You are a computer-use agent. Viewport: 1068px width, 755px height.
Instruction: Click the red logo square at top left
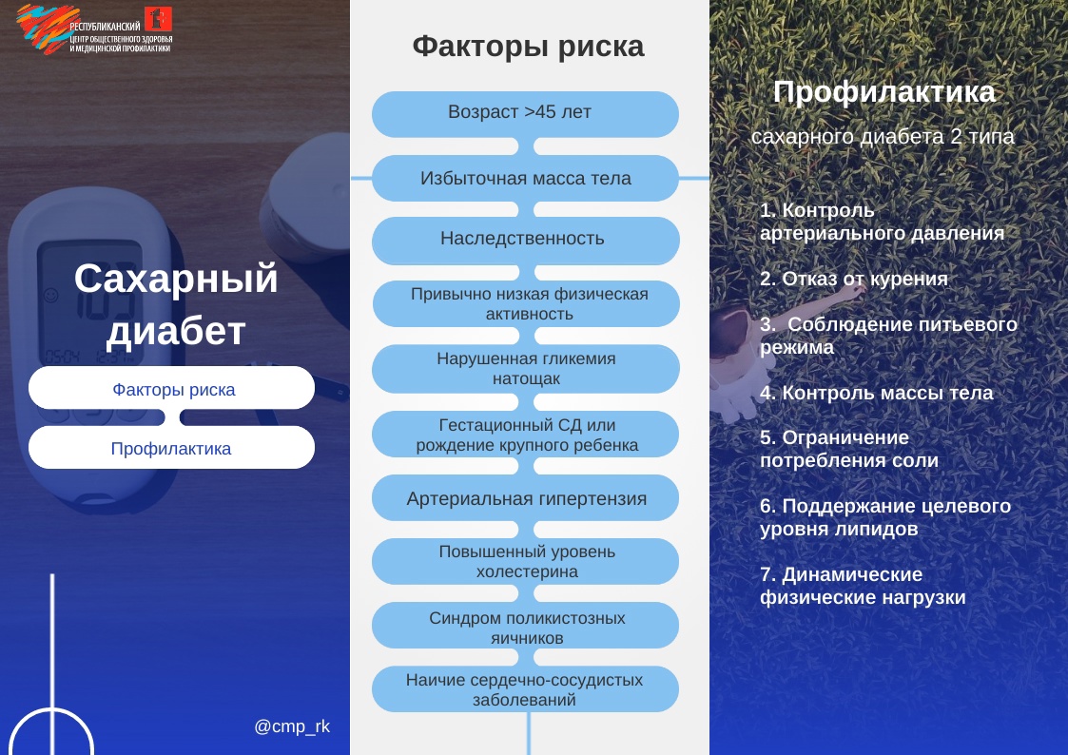(x=158, y=18)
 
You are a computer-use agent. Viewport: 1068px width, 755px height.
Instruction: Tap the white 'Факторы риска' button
(x=171, y=388)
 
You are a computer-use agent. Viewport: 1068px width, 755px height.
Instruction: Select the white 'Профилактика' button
(x=171, y=447)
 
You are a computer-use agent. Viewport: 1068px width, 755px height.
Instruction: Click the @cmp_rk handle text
(x=292, y=726)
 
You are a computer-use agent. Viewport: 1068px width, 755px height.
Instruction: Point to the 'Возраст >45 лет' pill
(x=525, y=114)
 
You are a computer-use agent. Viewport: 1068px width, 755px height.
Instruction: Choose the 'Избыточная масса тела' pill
(x=525, y=178)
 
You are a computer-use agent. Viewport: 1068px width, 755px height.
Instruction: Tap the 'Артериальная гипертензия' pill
(x=525, y=497)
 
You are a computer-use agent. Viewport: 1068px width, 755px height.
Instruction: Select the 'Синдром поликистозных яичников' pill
(x=525, y=626)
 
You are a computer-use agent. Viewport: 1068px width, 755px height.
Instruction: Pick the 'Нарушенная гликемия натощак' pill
(x=525, y=368)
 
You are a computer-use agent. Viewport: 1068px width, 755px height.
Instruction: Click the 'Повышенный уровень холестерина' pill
(x=525, y=562)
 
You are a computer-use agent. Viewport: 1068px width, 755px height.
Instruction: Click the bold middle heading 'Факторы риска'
(x=528, y=47)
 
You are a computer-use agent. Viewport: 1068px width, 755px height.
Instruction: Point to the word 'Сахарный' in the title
(x=176, y=280)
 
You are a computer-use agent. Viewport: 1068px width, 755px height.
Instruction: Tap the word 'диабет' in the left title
(x=176, y=331)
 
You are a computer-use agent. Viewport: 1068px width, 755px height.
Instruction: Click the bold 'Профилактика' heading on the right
(x=884, y=92)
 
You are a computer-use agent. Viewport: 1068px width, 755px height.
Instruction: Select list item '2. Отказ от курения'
(x=853, y=279)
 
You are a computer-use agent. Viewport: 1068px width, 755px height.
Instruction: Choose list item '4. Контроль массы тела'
(x=876, y=393)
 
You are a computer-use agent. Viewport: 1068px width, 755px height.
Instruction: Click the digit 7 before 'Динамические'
(x=766, y=574)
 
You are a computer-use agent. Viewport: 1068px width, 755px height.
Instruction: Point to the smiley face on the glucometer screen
(x=50, y=296)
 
